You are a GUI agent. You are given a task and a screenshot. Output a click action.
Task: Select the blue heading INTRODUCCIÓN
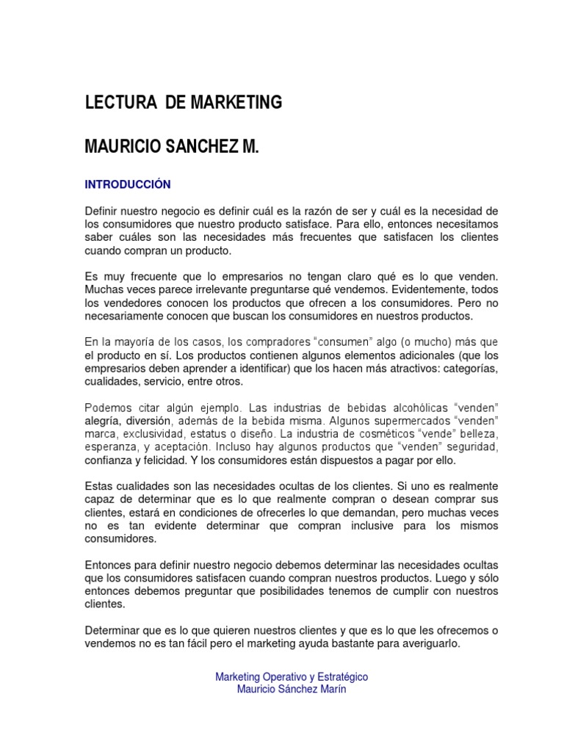tap(128, 184)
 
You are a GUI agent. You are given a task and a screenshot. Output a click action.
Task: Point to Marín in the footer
tap(331, 690)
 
